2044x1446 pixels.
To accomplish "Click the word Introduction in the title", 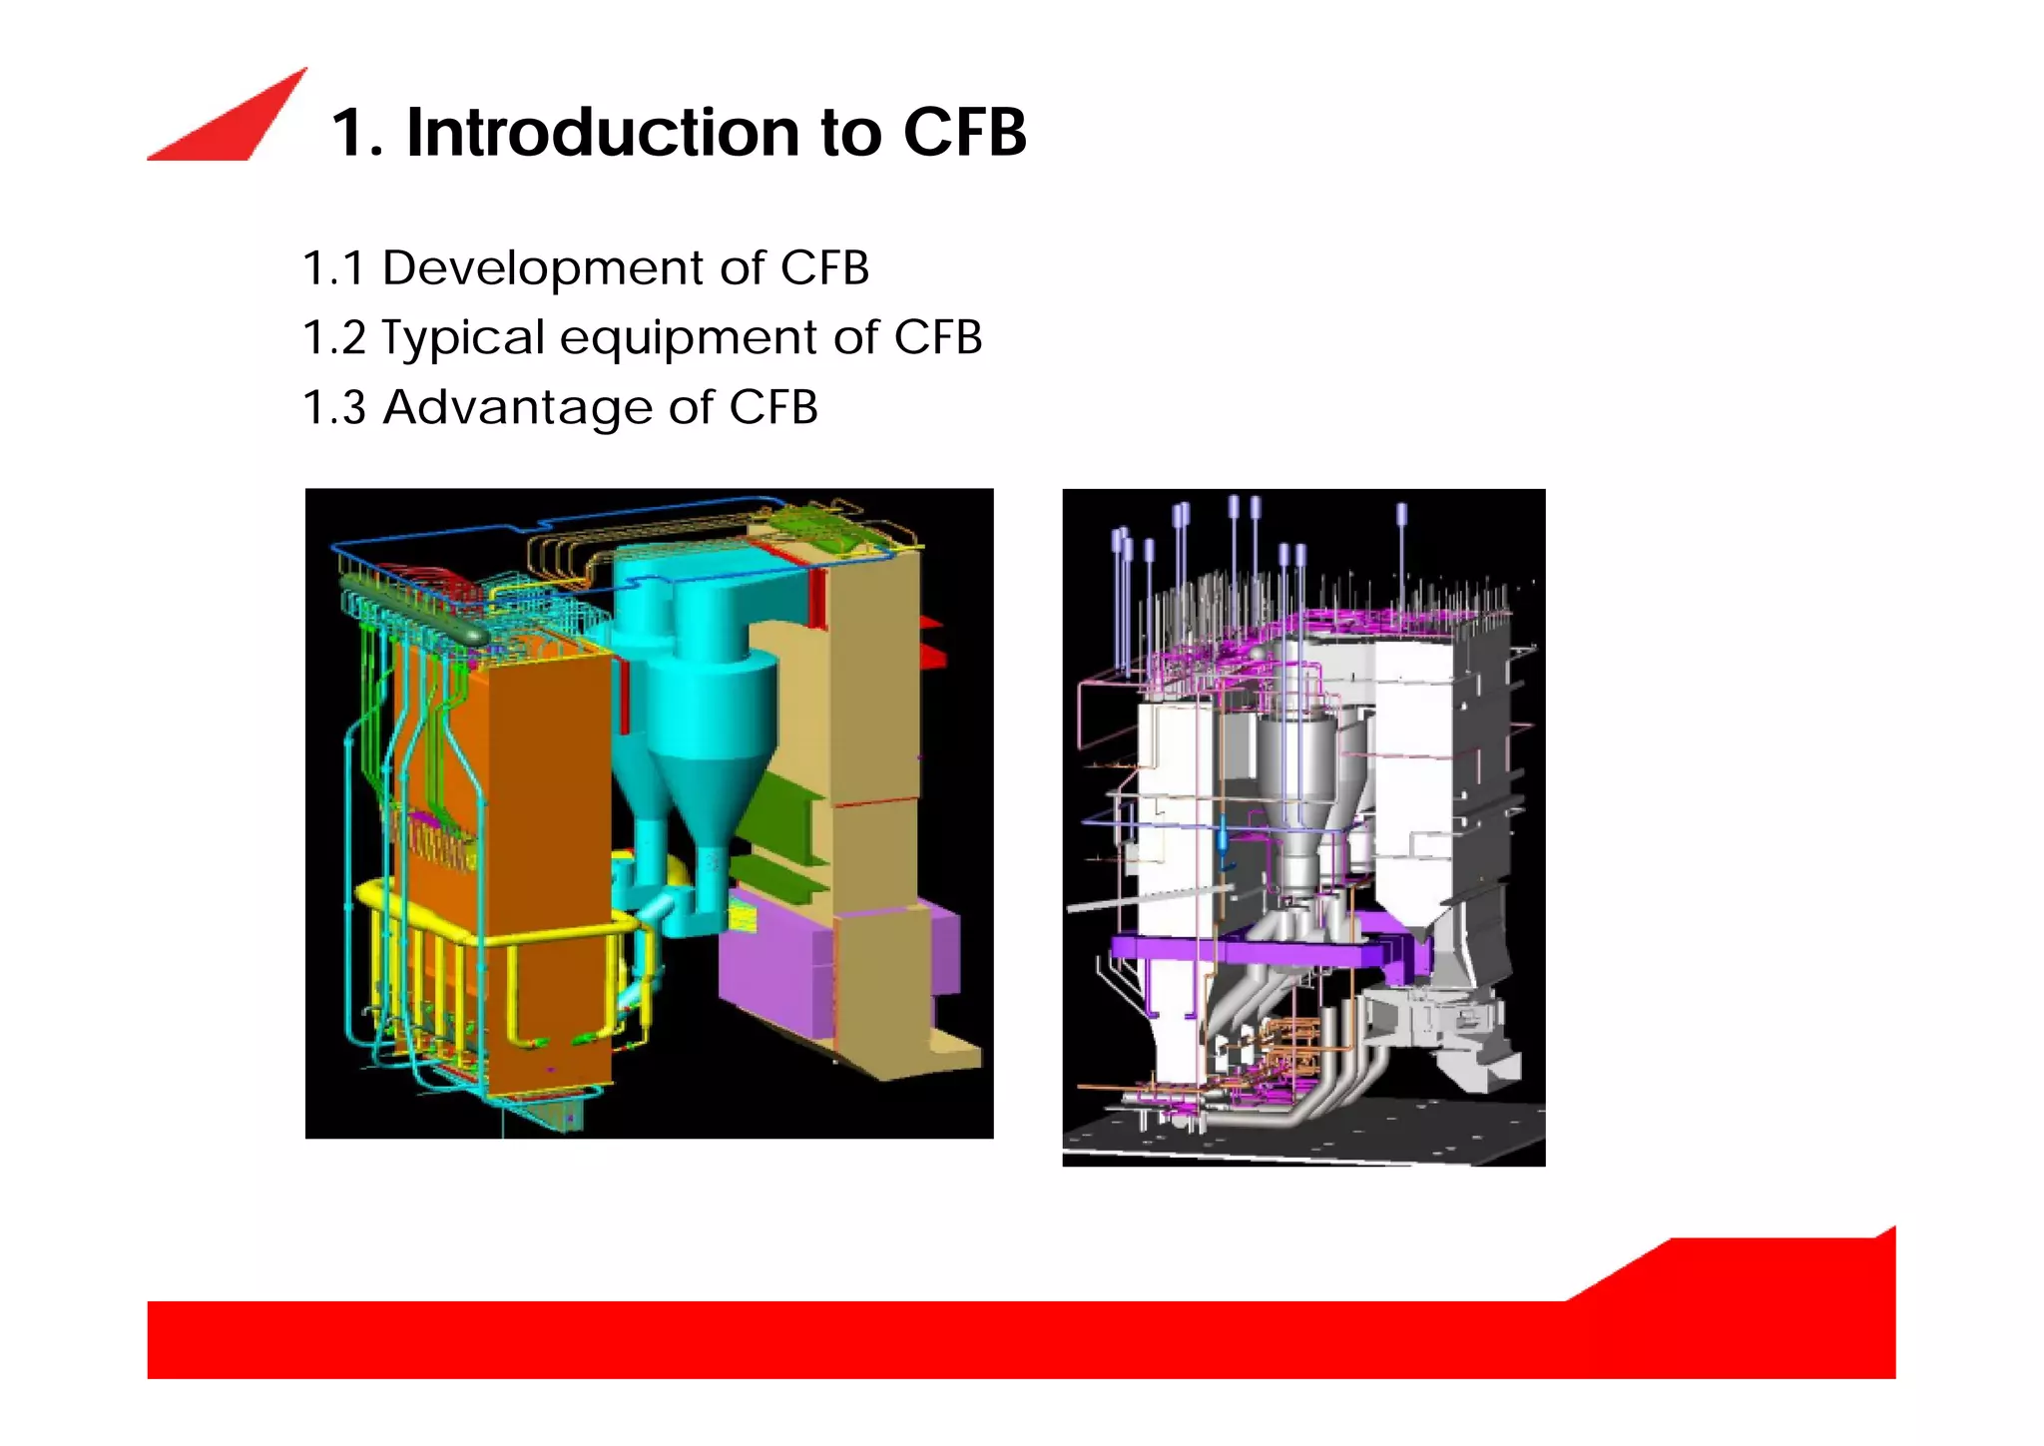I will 603,133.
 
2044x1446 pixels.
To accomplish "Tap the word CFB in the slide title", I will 964,133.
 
